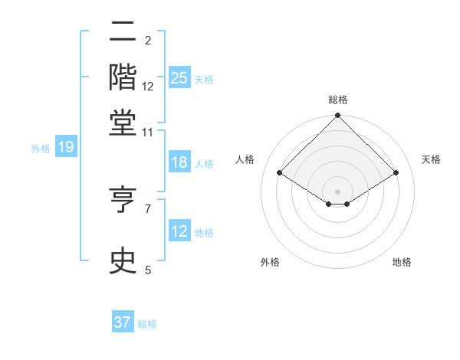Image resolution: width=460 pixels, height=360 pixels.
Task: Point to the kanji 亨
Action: pyautogui.click(x=123, y=200)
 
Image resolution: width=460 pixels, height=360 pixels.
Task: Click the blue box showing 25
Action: pyautogui.click(x=179, y=77)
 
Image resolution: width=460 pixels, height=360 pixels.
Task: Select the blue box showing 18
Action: pyautogui.click(x=179, y=162)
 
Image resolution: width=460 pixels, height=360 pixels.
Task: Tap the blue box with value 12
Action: pyautogui.click(x=179, y=231)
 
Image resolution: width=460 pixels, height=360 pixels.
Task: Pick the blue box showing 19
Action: pyautogui.click(x=65, y=148)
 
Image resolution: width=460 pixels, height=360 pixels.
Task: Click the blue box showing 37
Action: pyautogui.click(x=123, y=322)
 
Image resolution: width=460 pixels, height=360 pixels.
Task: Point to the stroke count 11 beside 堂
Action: pyautogui.click(x=147, y=133)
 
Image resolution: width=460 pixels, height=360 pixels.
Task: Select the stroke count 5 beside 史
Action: pyautogui.click(x=147, y=270)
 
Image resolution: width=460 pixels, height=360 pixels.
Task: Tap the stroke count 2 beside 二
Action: pyautogui.click(x=147, y=40)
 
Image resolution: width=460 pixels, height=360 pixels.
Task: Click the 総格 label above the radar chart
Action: pyautogui.click(x=337, y=100)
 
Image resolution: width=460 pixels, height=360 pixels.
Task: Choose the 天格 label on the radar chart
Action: pyautogui.click(x=431, y=159)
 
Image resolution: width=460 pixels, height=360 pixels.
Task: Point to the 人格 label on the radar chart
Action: pyautogui.click(x=245, y=159)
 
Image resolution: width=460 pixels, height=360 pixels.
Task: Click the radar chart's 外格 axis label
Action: pyautogui.click(x=269, y=262)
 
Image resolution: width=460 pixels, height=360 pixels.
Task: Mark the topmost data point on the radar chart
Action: pyautogui.click(x=337, y=116)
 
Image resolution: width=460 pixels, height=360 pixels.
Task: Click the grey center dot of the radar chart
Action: pyautogui.click(x=337, y=190)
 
